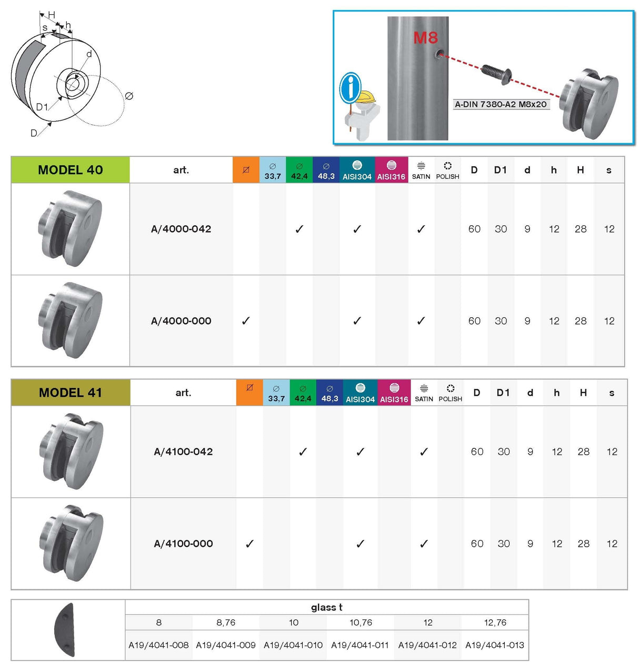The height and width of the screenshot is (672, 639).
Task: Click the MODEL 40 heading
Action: coord(70,170)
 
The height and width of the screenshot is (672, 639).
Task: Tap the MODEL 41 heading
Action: coord(70,393)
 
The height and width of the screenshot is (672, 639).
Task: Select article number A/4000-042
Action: coord(181,229)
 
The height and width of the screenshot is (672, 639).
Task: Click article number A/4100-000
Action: coord(183,544)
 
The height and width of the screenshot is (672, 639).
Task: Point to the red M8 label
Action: coord(425,37)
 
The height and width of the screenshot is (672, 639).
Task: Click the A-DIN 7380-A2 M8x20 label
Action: coord(501,104)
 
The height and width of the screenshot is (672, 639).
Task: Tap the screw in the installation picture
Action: coord(496,73)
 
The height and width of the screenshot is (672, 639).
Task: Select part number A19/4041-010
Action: coord(293,645)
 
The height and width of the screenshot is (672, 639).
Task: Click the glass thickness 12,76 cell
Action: coord(495,623)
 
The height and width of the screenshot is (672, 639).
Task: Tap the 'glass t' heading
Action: coord(326,607)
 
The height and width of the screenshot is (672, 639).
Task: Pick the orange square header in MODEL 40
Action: coord(246,170)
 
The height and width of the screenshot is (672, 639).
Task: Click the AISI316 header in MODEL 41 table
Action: coord(394,393)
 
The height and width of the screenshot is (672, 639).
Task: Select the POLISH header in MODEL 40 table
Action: coord(447,170)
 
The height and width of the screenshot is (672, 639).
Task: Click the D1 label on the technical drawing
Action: coord(42,107)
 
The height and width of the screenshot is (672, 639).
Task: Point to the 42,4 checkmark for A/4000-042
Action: coord(299,229)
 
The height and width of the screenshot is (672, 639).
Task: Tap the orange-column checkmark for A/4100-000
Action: coord(249,544)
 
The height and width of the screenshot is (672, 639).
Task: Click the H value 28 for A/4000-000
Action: coord(581,321)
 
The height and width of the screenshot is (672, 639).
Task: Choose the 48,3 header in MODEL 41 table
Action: coord(330,393)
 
